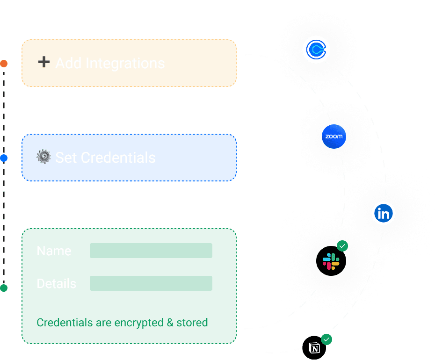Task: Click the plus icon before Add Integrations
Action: [x=43, y=62]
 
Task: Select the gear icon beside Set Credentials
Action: [x=43, y=157]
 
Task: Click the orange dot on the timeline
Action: [x=4, y=63]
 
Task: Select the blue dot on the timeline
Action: [x=4, y=158]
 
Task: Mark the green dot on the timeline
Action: [x=4, y=288]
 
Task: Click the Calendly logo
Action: [x=316, y=50]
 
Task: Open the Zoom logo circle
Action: [x=334, y=137]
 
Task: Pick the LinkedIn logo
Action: [x=384, y=214]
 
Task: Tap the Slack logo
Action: [x=331, y=261]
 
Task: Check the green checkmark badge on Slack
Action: [x=343, y=245]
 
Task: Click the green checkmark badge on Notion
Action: [x=326, y=339]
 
